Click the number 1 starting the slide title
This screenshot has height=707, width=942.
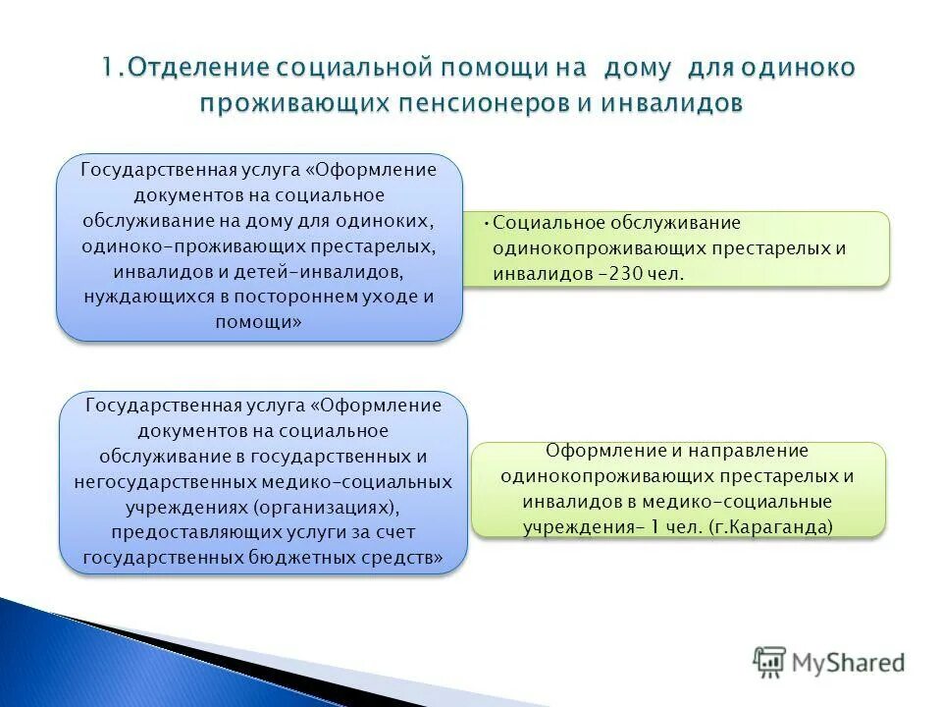click(107, 68)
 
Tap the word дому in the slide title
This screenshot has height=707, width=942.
click(636, 68)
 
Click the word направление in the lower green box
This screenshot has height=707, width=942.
click(747, 451)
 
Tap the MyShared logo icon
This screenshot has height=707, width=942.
click(770, 662)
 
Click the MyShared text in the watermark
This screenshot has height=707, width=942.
click(849, 663)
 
